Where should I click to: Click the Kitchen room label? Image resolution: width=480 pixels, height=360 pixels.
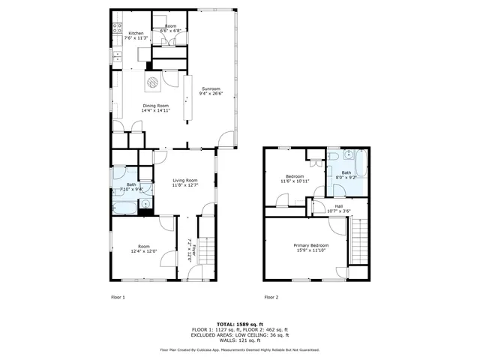[136, 34]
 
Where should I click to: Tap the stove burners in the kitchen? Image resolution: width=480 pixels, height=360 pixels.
[117, 30]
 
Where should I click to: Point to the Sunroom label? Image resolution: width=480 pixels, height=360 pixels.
[210, 89]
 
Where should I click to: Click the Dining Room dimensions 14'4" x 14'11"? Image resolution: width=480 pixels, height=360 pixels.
[157, 110]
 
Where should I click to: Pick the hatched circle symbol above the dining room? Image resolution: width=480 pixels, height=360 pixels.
[152, 82]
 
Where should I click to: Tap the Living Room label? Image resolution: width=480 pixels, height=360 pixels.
[184, 180]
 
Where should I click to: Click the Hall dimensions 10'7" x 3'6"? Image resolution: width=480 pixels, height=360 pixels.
[338, 211]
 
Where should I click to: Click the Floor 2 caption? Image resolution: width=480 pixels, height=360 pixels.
[271, 297]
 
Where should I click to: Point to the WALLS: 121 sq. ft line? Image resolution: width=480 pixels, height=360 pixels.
[239, 340]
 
